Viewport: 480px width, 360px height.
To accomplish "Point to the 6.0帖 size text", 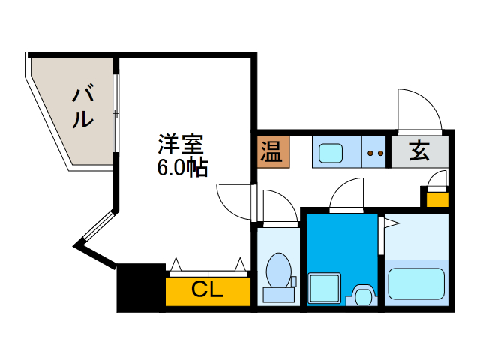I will click(x=182, y=166).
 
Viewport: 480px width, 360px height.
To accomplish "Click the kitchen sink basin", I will click(x=330, y=152).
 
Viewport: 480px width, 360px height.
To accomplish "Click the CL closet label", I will click(x=207, y=289).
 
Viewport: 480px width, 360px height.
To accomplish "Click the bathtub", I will click(x=417, y=283).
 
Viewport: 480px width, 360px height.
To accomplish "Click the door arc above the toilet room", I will click(x=279, y=205).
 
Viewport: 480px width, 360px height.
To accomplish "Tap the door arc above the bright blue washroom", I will click(x=346, y=196).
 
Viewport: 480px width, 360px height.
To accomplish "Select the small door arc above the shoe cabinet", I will click(x=438, y=178).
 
